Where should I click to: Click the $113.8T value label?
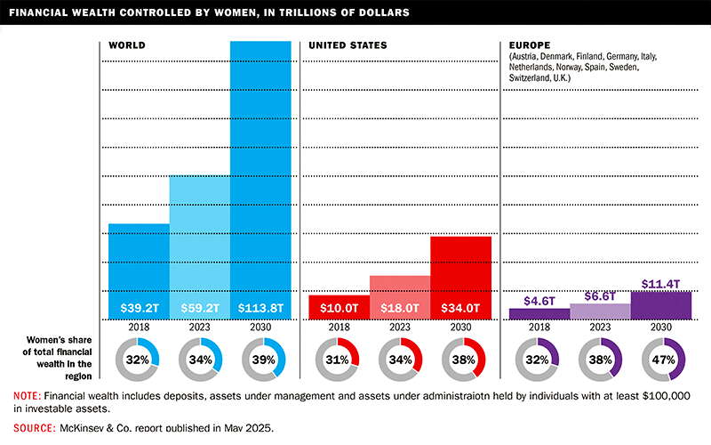coord(260,309)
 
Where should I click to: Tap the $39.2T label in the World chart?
coord(139,309)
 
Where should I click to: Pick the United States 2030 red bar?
coord(460,267)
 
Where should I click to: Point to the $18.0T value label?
coord(399,309)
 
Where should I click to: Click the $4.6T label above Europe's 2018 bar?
coord(539,302)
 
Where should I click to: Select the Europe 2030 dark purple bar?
coord(660,304)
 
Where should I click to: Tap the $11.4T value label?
coord(660,284)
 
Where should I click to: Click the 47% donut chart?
coord(662,360)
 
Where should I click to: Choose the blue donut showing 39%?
coord(262,360)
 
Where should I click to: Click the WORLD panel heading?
coord(127,44)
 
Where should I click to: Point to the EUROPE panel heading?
coord(531,44)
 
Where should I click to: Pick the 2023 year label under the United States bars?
coord(399,328)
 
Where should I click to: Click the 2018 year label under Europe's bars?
coord(539,328)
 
